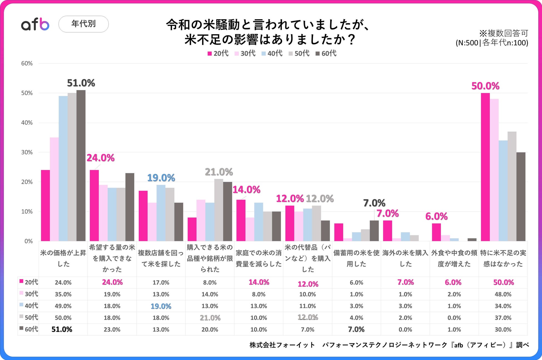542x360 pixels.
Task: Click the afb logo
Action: (x=35, y=24)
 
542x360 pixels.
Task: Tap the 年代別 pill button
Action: (x=83, y=24)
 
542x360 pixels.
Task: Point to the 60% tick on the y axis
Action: (x=27, y=63)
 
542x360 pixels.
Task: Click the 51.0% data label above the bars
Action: (x=81, y=83)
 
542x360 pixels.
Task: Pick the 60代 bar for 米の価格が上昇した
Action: (x=81, y=165)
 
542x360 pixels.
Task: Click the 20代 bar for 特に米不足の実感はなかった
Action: (x=485, y=167)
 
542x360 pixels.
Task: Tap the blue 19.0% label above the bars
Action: (x=161, y=178)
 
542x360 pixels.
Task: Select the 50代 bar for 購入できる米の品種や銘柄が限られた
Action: (x=219, y=210)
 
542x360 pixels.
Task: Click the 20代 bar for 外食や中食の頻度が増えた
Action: (x=436, y=232)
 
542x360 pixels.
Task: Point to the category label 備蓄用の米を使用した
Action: (x=356, y=258)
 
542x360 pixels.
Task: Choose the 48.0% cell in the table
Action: (x=503, y=294)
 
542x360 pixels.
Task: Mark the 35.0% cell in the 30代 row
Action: (x=63, y=294)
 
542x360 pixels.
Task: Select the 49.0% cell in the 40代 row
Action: (x=63, y=306)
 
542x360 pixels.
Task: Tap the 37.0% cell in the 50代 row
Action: (x=503, y=318)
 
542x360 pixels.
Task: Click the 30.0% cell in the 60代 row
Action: (x=503, y=329)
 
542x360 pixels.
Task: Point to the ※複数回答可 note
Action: (x=503, y=33)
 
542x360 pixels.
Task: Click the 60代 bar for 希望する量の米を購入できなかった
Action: (x=130, y=207)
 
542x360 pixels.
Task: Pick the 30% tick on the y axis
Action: (x=27, y=152)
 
